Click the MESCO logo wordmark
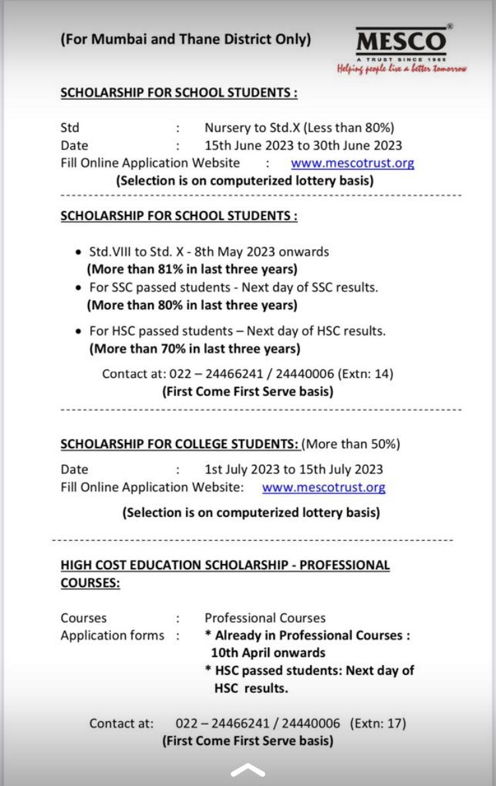coord(401,42)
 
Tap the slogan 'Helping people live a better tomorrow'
coord(402,68)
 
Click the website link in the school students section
coord(352,163)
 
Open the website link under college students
coord(323,488)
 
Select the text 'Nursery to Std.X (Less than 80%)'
coord(299,128)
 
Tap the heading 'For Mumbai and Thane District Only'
coord(186,39)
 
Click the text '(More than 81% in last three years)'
coord(192,269)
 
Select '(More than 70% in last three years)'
coord(194,348)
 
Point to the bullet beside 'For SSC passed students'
coord(79,288)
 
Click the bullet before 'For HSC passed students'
coord(79,331)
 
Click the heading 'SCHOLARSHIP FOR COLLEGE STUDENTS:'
coord(180,444)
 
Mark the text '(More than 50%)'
coord(352,444)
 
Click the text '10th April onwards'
coord(269,652)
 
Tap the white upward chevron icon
coord(248,771)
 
